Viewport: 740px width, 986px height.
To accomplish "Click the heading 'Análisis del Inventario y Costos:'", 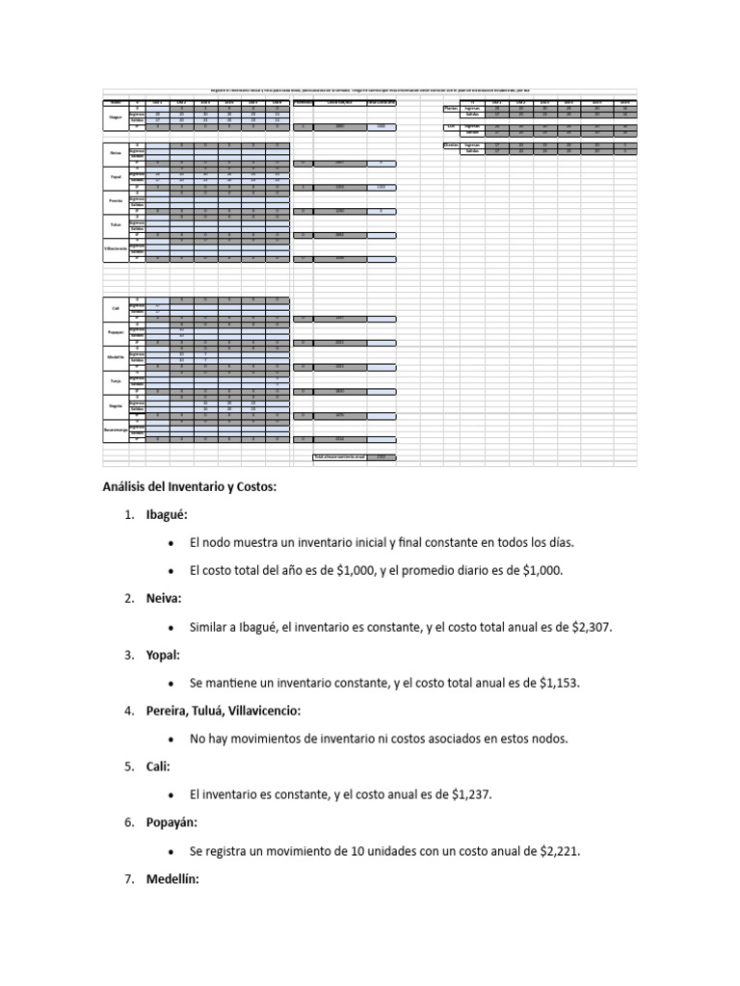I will point(190,487).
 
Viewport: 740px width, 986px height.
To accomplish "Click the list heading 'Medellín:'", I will point(172,878).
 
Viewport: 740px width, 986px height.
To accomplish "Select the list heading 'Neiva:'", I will point(165,599).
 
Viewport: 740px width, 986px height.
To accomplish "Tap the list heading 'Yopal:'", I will point(166,655).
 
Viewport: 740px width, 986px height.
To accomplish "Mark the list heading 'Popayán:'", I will point(173,822).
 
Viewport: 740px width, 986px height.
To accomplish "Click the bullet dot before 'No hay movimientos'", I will point(170,739).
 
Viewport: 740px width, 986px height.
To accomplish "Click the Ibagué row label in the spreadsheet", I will point(115,117).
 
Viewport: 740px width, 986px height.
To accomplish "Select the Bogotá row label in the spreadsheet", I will point(115,407).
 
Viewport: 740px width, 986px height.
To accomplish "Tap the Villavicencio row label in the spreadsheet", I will point(115,249).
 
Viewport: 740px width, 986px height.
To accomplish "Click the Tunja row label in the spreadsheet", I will point(115,381).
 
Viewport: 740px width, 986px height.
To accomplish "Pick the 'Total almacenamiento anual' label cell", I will point(339,456).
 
